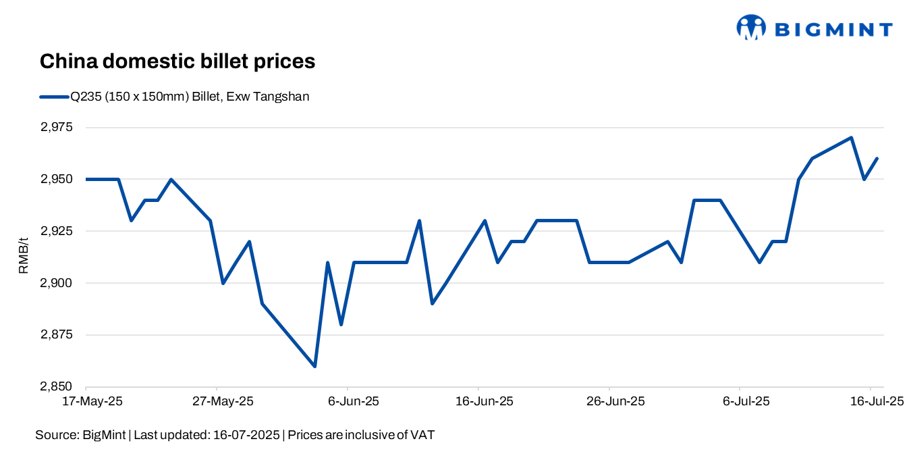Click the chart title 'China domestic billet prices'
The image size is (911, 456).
[177, 61]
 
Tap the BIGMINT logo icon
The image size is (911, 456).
[750, 28]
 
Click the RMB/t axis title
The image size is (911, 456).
[23, 257]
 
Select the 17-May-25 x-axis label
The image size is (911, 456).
[92, 401]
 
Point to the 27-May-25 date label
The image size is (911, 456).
[223, 401]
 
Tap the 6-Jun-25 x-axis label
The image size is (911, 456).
[354, 401]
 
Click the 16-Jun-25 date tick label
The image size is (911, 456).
[485, 401]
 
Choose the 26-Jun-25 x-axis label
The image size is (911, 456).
[615, 401]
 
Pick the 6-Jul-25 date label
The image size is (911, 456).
[746, 401]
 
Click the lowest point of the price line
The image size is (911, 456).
[314, 366]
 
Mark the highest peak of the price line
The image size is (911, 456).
[852, 138]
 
